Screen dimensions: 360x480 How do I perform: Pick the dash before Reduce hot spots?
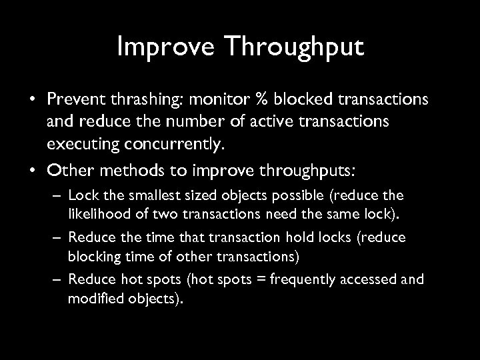(x=58, y=279)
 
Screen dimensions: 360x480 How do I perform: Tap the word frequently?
(x=291, y=279)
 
